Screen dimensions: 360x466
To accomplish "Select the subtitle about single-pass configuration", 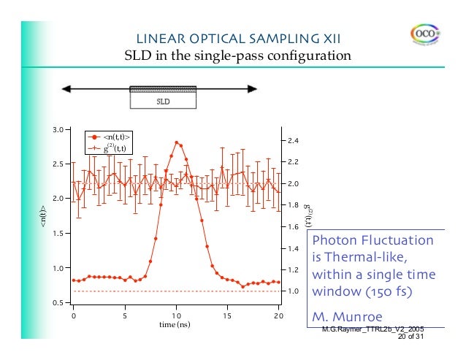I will coord(237,55).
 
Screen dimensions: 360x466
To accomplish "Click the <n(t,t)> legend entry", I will coord(116,136).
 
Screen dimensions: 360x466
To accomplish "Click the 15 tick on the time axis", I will coord(226,315).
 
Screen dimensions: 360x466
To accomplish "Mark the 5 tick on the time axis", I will coord(124,315).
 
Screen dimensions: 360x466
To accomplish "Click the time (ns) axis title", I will coord(175,324).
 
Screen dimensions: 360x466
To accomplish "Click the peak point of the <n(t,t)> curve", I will coord(176,142).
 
